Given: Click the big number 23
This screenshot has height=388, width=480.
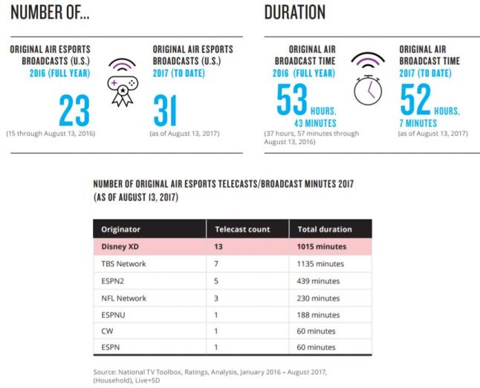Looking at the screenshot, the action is tap(74, 111).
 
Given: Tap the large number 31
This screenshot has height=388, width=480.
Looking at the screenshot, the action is tap(165, 111).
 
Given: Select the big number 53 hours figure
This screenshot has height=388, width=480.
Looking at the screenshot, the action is tap(292, 99).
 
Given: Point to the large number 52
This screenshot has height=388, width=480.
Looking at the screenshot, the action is tap(415, 99).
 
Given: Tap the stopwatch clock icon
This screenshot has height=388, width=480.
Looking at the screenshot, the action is tap(368, 90).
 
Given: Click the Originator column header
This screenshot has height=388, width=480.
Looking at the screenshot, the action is tap(120, 229).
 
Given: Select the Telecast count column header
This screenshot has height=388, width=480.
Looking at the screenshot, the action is tap(242, 229).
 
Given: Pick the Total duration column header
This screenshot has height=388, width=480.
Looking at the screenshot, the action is tap(325, 229).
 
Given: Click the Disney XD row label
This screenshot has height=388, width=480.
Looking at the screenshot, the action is tap(120, 246).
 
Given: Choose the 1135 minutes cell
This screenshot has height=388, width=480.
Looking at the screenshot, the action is tap(320, 263).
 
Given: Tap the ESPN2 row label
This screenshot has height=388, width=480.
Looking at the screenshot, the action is tap(113, 281).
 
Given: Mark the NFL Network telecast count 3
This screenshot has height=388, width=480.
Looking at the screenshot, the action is tap(216, 298).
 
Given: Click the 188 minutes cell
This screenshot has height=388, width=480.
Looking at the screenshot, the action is tap(318, 315).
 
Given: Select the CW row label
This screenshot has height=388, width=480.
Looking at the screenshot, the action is tap(107, 331).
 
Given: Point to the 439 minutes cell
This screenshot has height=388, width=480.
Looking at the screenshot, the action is tap(318, 281).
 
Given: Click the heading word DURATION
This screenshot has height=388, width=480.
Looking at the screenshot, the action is tap(295, 12).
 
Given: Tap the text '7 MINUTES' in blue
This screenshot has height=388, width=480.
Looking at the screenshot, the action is tap(418, 123).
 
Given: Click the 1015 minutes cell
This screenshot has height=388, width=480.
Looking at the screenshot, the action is tap(322, 246).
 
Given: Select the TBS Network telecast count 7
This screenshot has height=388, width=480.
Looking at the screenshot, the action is tap(216, 263).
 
